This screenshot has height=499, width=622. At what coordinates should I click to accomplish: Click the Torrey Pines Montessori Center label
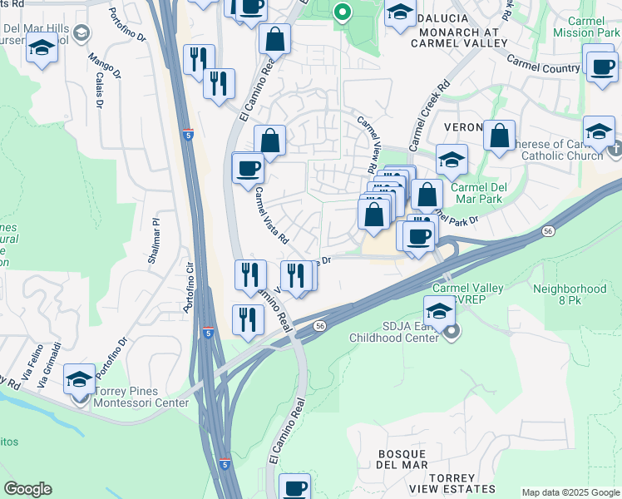pos(144,397)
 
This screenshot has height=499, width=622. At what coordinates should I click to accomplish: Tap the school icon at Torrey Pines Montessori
pos(80,380)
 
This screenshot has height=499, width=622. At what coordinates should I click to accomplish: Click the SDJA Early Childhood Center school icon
pos(439,313)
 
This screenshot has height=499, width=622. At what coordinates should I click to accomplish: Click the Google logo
pos(27,488)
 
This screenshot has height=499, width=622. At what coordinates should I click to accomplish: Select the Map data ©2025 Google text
pos(570,492)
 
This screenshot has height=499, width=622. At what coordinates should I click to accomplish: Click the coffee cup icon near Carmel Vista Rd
pos(248,169)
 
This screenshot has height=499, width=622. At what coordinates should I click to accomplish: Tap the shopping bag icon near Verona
pos(499,137)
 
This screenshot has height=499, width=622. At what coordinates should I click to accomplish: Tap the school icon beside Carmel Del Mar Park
pos(452,161)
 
